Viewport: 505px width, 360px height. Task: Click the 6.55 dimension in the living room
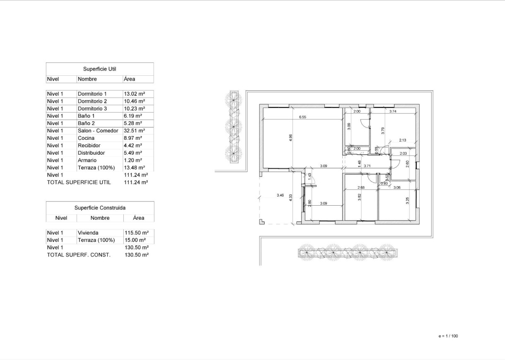[x=303, y=117]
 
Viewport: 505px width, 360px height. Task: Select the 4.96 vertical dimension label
[x=290, y=138]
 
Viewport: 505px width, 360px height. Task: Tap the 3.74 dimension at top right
[x=393, y=111]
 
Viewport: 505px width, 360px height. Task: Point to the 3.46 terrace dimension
[x=280, y=195]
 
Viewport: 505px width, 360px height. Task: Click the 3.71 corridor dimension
[x=367, y=166]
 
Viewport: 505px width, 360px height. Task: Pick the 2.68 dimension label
[x=361, y=187]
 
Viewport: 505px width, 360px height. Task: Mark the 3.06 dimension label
[x=397, y=187]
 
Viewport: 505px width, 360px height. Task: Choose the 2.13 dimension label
[x=402, y=140]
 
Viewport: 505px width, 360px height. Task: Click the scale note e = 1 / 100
[x=448, y=336]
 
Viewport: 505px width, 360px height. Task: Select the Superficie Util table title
[x=99, y=69]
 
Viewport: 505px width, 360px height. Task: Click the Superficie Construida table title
[x=100, y=208]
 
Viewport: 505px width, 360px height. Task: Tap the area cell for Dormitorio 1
[x=134, y=94]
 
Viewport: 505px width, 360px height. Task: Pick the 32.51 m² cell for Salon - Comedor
[x=134, y=131]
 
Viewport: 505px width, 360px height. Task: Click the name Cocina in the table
[x=86, y=138]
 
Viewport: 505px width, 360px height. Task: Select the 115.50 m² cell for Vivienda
[x=136, y=233]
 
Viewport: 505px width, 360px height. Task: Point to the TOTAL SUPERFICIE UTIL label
[x=79, y=182]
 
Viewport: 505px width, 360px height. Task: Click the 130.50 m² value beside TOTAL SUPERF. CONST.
[x=136, y=255]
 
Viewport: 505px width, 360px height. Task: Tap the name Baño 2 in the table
[x=87, y=123]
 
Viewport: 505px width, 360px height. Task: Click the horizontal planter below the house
[x=347, y=252]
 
